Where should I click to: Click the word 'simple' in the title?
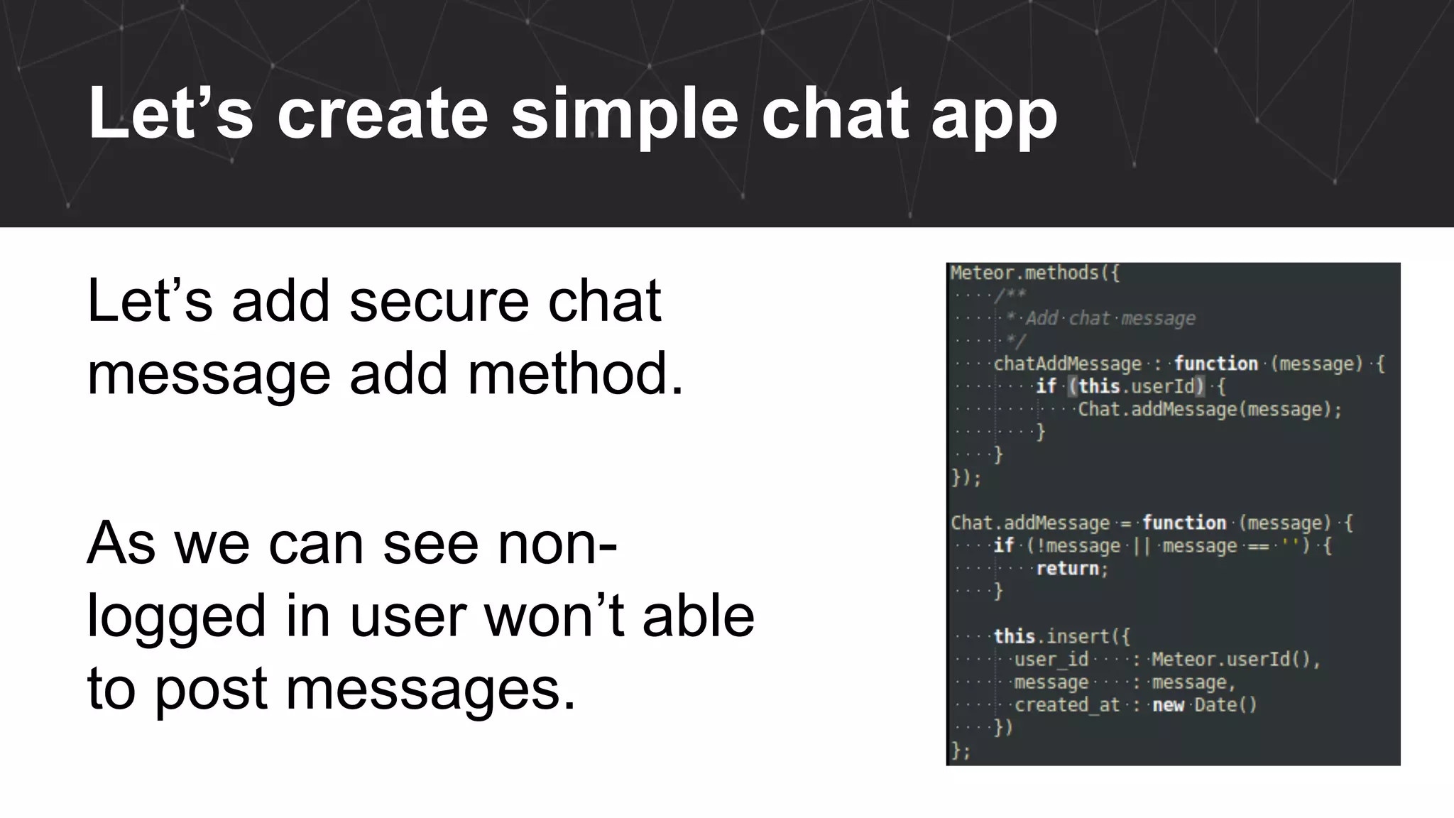tap(625, 114)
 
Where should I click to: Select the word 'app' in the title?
tap(994, 117)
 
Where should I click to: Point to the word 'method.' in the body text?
tap(576, 373)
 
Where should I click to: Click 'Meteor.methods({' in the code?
tap(1034, 273)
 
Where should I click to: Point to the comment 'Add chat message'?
tap(1110, 319)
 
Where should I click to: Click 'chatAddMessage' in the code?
tap(1067, 364)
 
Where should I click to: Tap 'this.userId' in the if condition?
tap(1137, 387)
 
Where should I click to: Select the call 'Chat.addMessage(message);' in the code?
tap(1209, 410)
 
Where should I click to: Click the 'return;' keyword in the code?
tap(1071, 569)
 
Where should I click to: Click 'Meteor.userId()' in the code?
tap(1235, 660)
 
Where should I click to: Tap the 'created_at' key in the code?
tap(1066, 705)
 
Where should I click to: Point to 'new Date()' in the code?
tap(1204, 705)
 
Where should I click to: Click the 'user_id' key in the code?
tap(1051, 660)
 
